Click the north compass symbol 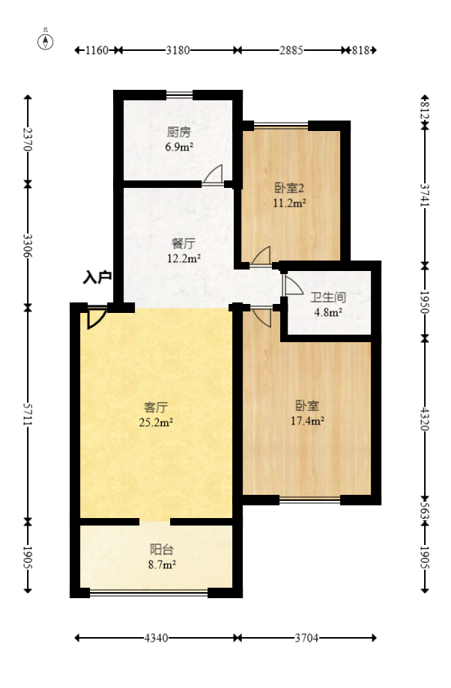pyautogui.click(x=46, y=40)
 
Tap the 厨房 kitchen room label pyautogui.click(x=179, y=133)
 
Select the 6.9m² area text pyautogui.click(x=179, y=147)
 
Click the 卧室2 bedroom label pyautogui.click(x=288, y=189)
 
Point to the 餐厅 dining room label pyautogui.click(x=184, y=244)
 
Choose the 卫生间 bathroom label pyautogui.click(x=328, y=297)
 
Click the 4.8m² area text pyautogui.click(x=328, y=312)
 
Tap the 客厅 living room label pyautogui.click(x=156, y=407)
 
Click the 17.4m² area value pyautogui.click(x=307, y=421)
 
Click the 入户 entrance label pyautogui.click(x=97, y=278)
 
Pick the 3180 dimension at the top pyautogui.click(x=178, y=50)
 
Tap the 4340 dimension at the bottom pyautogui.click(x=155, y=639)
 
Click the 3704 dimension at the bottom pyautogui.click(x=307, y=639)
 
